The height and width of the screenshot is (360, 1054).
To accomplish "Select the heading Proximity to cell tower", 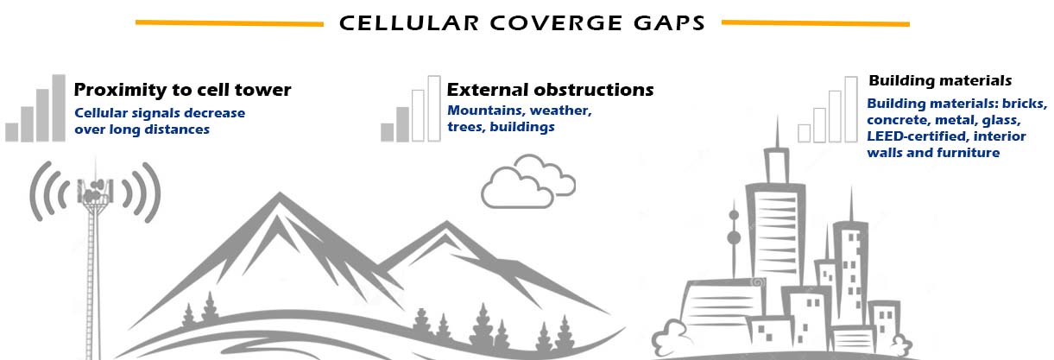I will [182, 90].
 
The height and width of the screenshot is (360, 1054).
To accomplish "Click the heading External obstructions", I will [550, 90].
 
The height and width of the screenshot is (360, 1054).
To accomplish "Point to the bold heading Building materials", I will [939, 80].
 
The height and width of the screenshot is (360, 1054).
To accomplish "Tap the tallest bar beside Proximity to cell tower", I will [59, 108].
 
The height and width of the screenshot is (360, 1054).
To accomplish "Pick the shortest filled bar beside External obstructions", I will [387, 131].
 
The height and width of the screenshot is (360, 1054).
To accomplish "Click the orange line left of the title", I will [230, 22].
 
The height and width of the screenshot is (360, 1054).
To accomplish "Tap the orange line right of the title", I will [815, 22].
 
